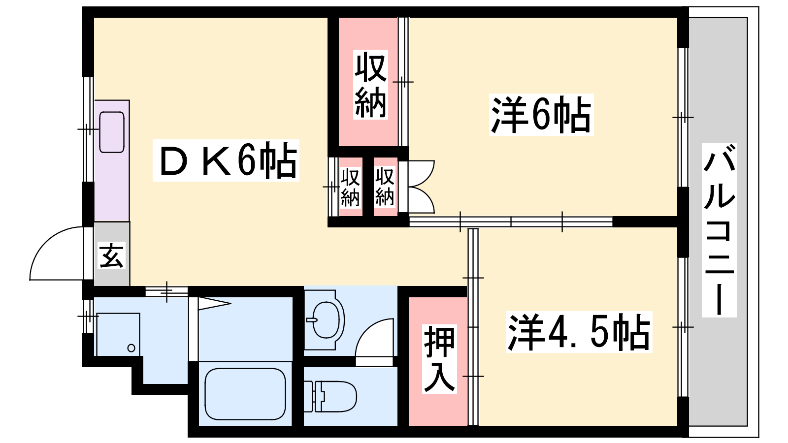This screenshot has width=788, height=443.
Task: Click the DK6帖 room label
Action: pyautogui.click(x=226, y=160)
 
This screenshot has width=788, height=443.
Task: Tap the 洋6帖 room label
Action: pyautogui.click(x=541, y=115)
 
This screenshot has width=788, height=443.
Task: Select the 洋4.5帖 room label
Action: pyautogui.click(x=579, y=332)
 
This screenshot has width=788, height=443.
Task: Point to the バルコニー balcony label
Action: pyautogui.click(x=719, y=230)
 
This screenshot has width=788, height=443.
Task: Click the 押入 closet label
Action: pyautogui.click(x=439, y=359)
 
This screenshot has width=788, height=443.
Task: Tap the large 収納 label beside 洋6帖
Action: pyautogui.click(x=370, y=84)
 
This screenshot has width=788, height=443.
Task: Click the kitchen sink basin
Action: pyautogui.click(x=112, y=132)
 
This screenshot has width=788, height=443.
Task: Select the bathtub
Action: pyautogui.click(x=245, y=394)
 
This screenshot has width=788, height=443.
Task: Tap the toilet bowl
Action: pyautogui.click(x=330, y=396)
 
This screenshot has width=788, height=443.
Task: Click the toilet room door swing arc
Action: pyautogui.click(x=374, y=338)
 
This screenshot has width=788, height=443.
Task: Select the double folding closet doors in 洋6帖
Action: pyautogui.click(x=421, y=187)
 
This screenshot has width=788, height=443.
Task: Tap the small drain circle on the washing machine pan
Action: pyautogui.click(x=131, y=348)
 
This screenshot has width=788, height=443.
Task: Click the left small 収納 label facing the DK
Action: pyautogui.click(x=350, y=187)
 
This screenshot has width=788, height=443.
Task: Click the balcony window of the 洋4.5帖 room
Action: pyautogui.click(x=683, y=327)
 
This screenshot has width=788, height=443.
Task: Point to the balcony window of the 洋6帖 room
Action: pyautogui.click(x=683, y=117)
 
